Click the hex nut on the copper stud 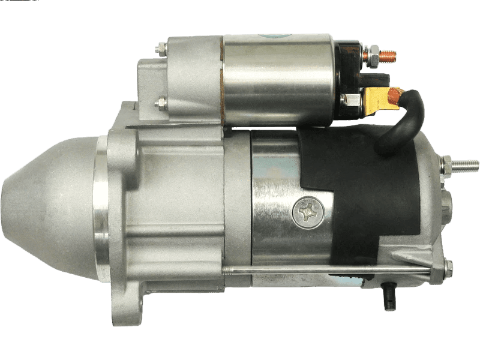[370, 55]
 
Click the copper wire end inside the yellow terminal [394, 94]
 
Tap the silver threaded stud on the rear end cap [466, 164]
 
